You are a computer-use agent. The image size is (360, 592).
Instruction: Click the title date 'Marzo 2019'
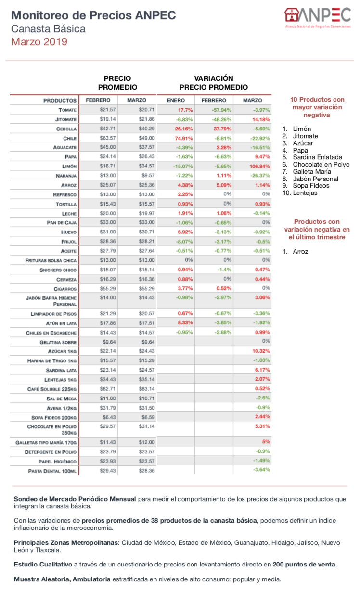pos(39,42)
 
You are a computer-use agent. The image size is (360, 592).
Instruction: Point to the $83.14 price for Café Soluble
pos(146,389)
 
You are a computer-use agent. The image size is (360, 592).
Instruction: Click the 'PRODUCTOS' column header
pos(60,101)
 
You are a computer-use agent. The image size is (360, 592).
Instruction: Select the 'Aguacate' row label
pos(64,147)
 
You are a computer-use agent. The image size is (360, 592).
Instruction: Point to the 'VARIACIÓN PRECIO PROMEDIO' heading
pos(214,82)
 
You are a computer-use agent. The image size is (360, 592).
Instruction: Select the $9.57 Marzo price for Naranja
pos(147,176)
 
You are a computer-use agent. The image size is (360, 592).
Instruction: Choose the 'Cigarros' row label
pos(65,289)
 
